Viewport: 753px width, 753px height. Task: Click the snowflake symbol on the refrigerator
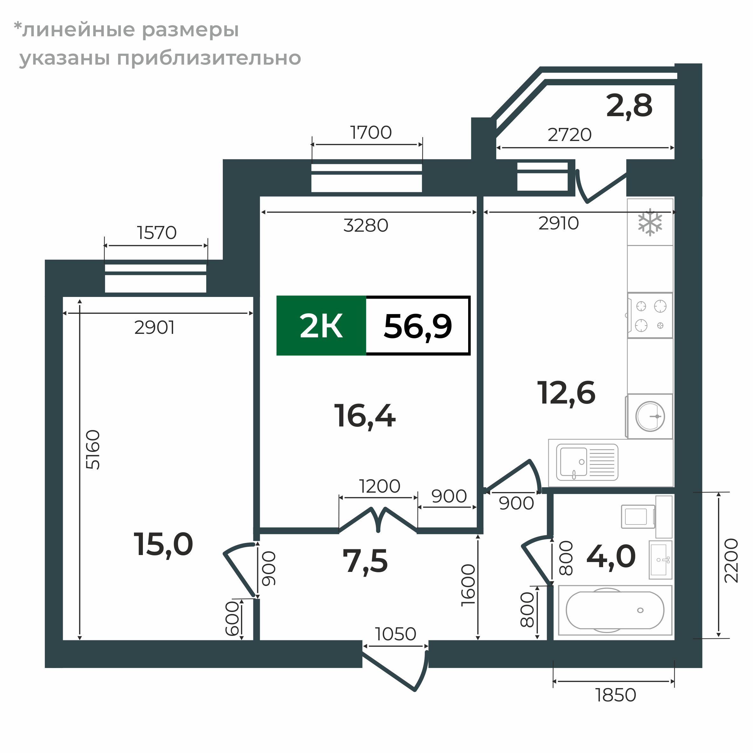coord(650,222)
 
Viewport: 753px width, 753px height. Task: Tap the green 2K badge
coord(321,326)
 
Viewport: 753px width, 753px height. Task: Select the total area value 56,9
coord(418,326)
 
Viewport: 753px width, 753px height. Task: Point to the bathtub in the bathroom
coord(615,610)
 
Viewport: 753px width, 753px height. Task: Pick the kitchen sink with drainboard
coord(587,462)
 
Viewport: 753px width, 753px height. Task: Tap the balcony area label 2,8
coord(629,106)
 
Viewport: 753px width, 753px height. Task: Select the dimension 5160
coord(94,449)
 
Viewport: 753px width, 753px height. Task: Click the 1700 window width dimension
coord(371,132)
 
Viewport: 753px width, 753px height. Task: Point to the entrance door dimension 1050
coord(395,634)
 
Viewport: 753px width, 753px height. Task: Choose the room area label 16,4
coord(365,416)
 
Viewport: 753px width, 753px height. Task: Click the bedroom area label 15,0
coord(163,545)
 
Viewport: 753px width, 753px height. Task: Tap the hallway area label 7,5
coord(365,561)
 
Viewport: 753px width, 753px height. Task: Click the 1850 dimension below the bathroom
coord(616,695)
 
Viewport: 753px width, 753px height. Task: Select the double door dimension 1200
coord(379,486)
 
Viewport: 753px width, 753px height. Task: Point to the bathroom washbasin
coord(660,560)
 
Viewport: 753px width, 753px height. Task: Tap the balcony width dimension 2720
coord(569,135)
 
